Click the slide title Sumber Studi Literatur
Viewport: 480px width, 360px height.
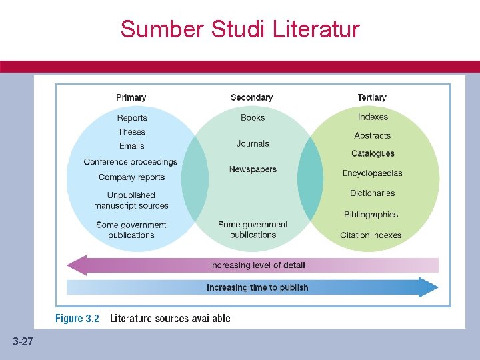(x=240, y=29)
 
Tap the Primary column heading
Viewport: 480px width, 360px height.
(x=131, y=97)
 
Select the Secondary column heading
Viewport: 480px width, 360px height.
(x=252, y=97)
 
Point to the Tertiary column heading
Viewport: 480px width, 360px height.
(x=372, y=97)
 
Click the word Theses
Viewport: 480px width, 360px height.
(x=132, y=132)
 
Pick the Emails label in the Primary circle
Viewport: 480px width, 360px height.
(x=132, y=146)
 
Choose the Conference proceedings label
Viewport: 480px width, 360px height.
(x=131, y=162)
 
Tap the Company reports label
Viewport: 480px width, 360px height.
(x=131, y=177)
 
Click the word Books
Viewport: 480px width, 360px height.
(x=253, y=117)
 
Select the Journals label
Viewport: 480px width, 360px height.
(x=253, y=143)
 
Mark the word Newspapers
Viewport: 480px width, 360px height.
(x=253, y=169)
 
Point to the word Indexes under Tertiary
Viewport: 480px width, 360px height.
(x=373, y=117)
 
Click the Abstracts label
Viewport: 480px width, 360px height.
(x=373, y=135)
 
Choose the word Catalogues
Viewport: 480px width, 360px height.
(x=373, y=154)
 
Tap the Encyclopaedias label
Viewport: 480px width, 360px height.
(x=373, y=173)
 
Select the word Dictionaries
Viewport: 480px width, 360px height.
(x=373, y=193)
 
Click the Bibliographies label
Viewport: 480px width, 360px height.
(x=371, y=215)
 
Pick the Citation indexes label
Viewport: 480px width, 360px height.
(x=371, y=235)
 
